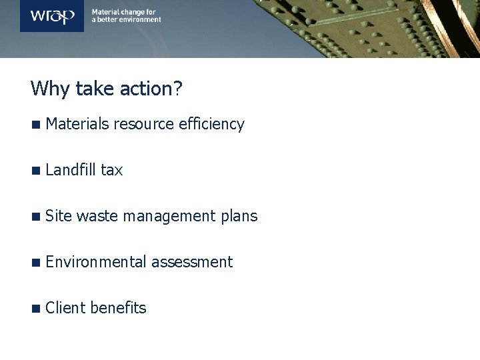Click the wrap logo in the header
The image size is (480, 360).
point(52,16)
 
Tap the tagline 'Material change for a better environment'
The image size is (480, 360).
point(126,16)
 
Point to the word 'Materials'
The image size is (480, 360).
point(78,124)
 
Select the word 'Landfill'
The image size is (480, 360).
point(71,170)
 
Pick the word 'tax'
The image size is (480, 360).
point(112,171)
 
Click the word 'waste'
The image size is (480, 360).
point(97,217)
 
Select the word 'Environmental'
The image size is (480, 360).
point(97,262)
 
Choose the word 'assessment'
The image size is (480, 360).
point(192,263)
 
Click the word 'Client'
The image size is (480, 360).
point(66,307)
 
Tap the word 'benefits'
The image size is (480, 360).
point(118,307)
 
